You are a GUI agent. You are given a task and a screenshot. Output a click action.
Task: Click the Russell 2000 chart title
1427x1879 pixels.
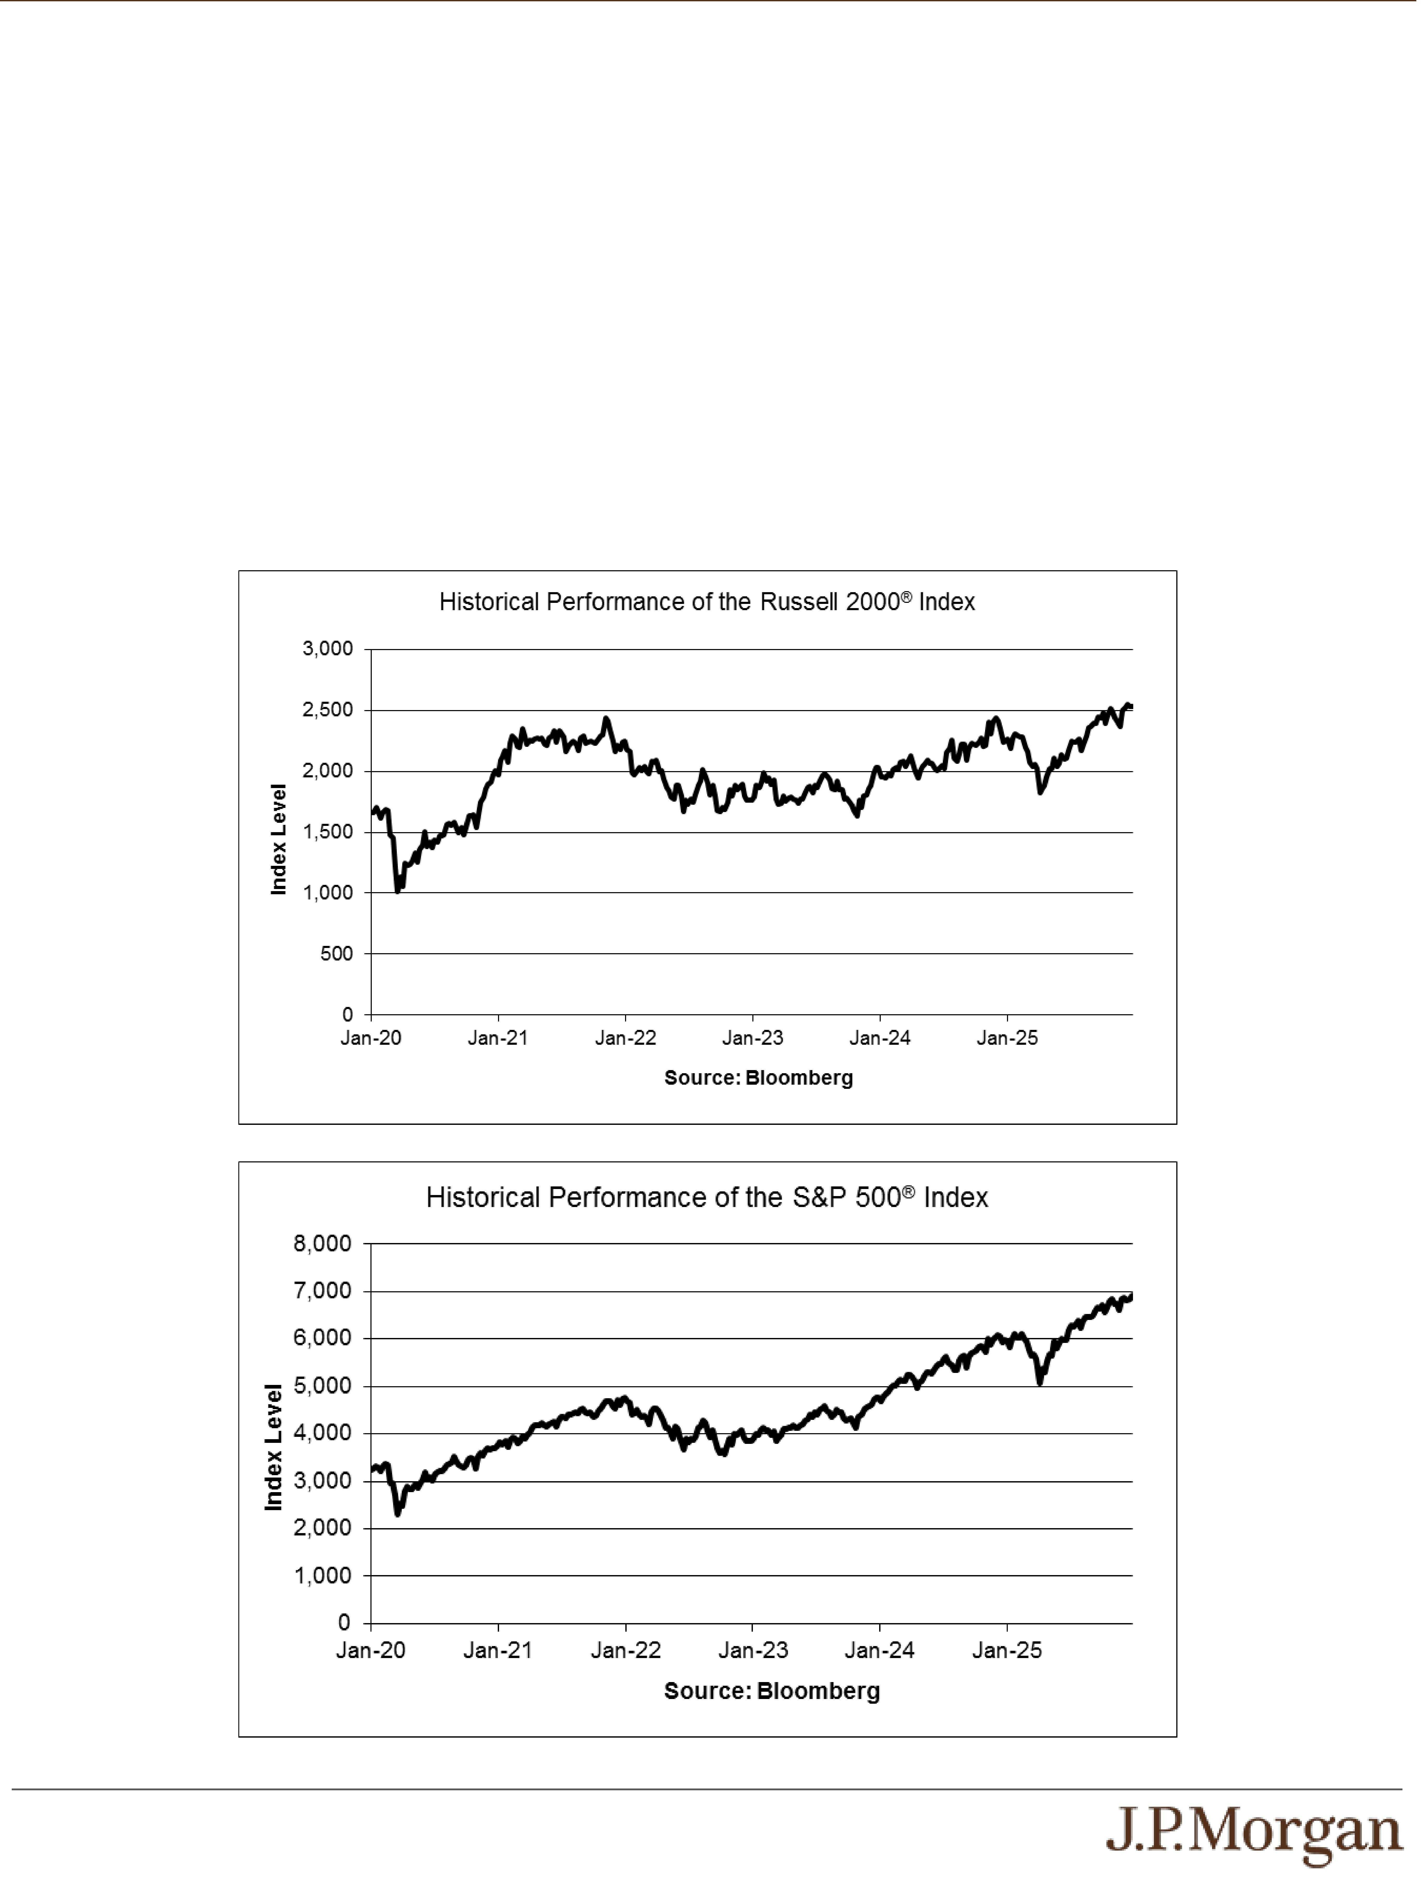coord(707,602)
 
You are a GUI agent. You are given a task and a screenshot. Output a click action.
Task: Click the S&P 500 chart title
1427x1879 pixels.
coord(707,1198)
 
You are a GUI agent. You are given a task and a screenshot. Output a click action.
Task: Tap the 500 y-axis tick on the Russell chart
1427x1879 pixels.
coord(336,954)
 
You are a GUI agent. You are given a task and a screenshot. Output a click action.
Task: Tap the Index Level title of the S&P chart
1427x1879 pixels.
coord(273,1448)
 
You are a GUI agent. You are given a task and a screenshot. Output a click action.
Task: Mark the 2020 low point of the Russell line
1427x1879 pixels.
coord(398,891)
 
